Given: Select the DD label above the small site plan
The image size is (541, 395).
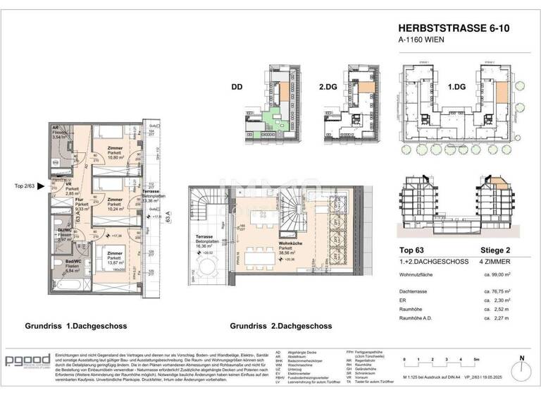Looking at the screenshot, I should (238, 88).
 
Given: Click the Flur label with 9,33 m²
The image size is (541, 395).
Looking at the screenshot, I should (74, 205).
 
